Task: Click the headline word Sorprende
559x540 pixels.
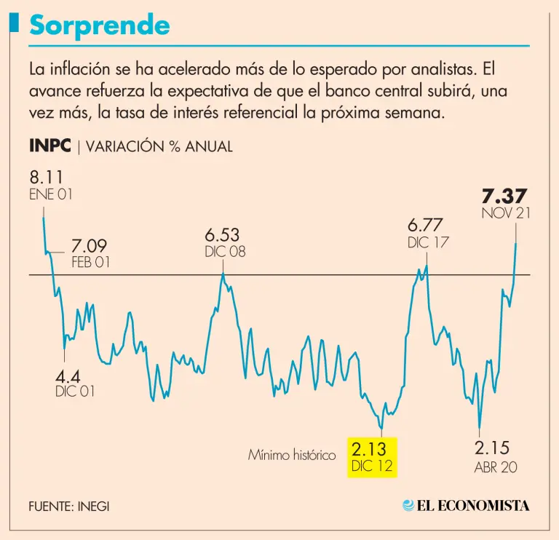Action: pos(100,25)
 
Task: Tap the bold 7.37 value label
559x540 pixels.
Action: pos(504,196)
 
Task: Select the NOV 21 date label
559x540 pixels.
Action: pos(505,213)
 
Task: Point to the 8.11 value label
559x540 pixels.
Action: pos(46,178)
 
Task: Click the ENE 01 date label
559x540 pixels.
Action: pos(51,195)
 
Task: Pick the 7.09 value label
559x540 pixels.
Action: pos(90,247)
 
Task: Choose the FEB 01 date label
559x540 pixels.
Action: pos(91,263)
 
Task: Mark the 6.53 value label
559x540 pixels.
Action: pos(222,235)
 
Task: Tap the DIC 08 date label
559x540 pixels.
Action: pos(225,251)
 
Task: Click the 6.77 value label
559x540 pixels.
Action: pos(425,226)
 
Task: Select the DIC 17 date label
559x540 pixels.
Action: pos(428,243)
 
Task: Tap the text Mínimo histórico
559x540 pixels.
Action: pos(291,456)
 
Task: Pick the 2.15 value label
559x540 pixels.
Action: pos(492,448)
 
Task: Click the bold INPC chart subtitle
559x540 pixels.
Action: pos(49,146)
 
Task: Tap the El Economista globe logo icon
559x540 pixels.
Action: pos(408,505)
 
